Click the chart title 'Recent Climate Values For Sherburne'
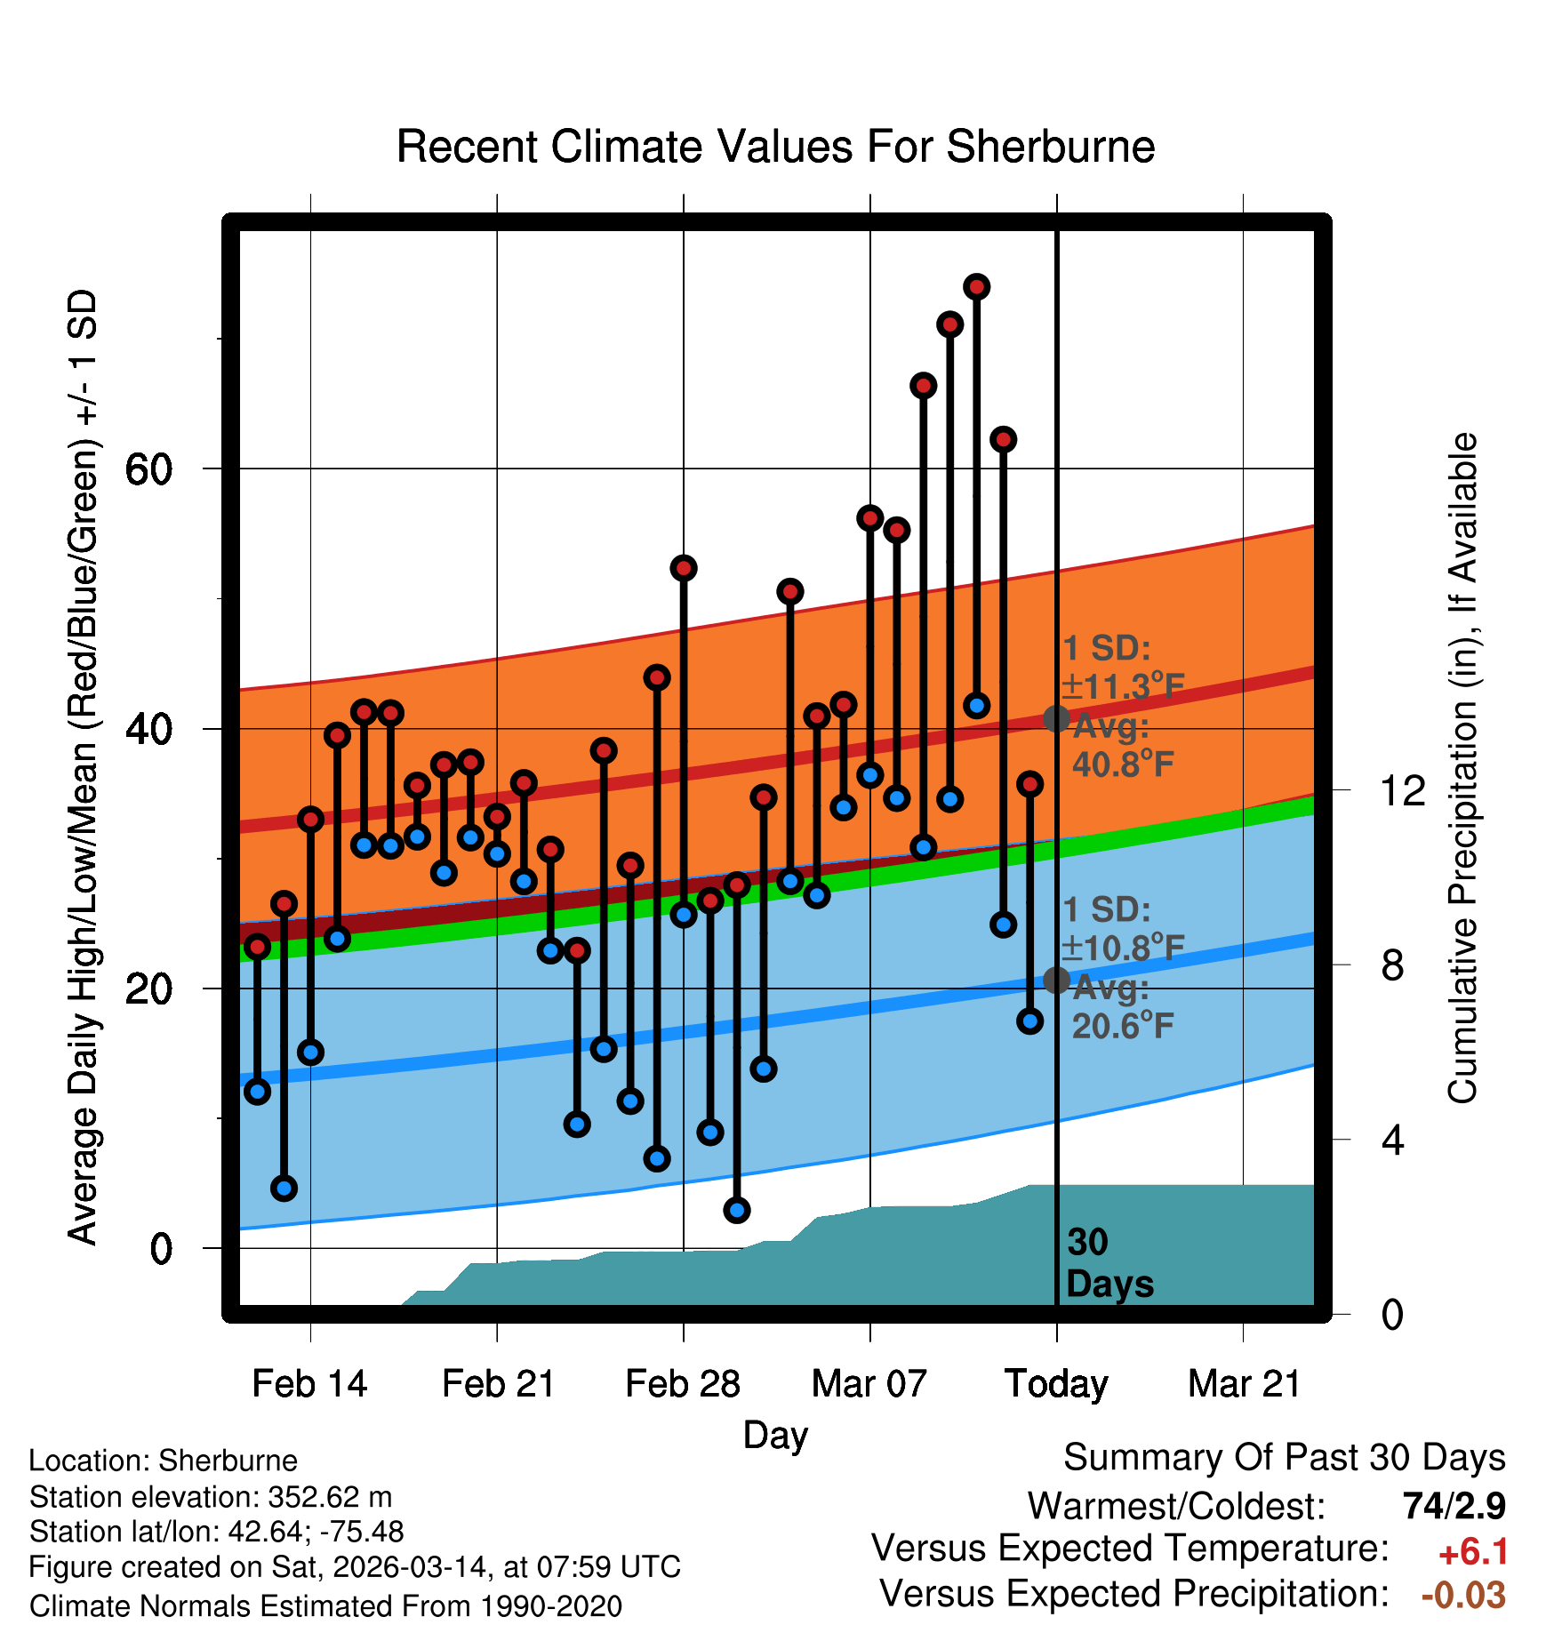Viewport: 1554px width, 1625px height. [x=775, y=147]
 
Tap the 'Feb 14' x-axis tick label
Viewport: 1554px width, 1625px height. [x=309, y=1384]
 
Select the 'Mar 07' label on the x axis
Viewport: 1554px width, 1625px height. [x=869, y=1384]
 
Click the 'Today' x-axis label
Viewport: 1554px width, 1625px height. [x=1056, y=1384]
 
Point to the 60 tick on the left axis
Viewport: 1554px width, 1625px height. [x=148, y=469]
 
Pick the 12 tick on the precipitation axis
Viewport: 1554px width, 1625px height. [x=1402, y=790]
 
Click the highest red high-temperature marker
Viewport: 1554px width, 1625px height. [x=977, y=287]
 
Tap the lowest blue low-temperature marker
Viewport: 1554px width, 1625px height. [x=737, y=1210]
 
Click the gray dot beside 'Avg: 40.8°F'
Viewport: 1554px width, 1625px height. [x=1056, y=718]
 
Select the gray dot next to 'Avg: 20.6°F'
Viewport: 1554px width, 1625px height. [x=1056, y=980]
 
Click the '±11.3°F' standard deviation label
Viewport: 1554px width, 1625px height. [x=1123, y=686]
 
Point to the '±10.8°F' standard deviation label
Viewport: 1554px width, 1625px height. [x=1123, y=948]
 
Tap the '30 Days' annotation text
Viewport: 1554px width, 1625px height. [x=1109, y=1263]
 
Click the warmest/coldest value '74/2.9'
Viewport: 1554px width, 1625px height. [x=1454, y=1506]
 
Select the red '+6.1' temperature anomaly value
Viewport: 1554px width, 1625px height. [x=1473, y=1552]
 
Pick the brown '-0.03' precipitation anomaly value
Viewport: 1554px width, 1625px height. [x=1463, y=1595]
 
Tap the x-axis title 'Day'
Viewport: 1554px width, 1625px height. [x=775, y=1435]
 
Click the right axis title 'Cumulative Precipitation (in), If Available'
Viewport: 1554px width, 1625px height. [x=1462, y=769]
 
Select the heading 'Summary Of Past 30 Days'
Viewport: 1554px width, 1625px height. [x=1284, y=1458]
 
